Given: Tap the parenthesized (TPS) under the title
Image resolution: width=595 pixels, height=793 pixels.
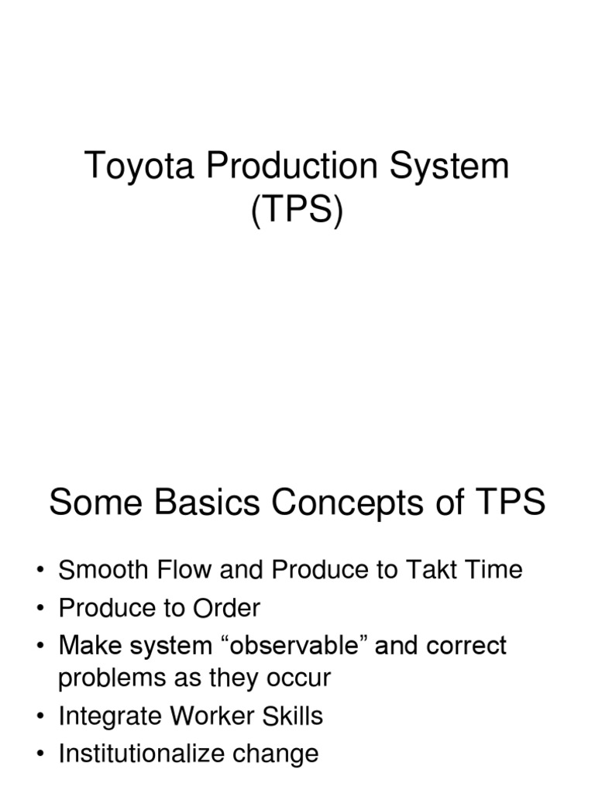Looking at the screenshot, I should pos(297,211).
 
